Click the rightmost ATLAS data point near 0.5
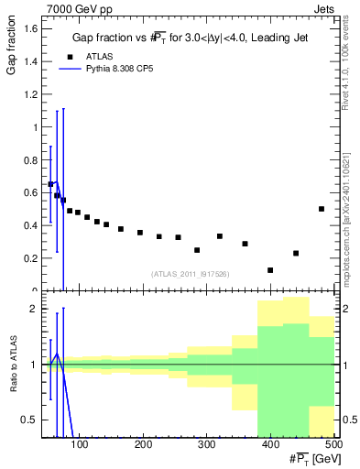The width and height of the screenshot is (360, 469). tap(322, 209)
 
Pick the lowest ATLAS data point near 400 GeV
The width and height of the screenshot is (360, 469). tap(270, 270)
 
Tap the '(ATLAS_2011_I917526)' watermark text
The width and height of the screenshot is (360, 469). tap(190, 273)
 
